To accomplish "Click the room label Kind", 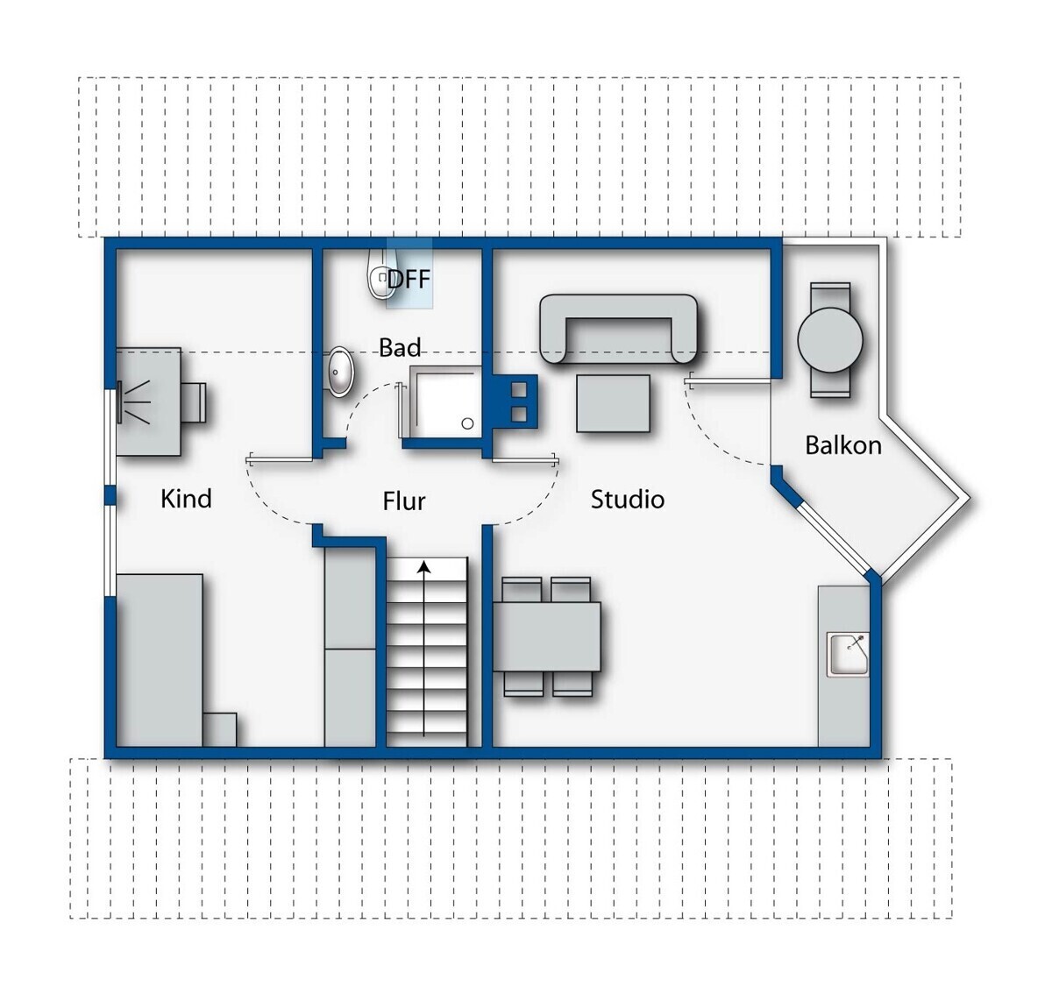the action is pyautogui.click(x=186, y=499).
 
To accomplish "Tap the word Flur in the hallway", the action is pyautogui.click(x=403, y=501).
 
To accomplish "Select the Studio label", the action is pyautogui.click(x=627, y=499).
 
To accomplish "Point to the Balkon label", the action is pyautogui.click(x=843, y=445).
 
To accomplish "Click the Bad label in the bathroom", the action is pyautogui.click(x=400, y=347).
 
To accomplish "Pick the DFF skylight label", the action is pyautogui.click(x=409, y=280).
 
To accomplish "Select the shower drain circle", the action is pyautogui.click(x=467, y=423).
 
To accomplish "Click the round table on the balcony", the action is pyautogui.click(x=830, y=340).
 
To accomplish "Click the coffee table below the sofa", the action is pyautogui.click(x=613, y=403).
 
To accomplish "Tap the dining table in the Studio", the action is pyautogui.click(x=547, y=636).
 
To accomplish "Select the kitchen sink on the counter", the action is pyautogui.click(x=848, y=655).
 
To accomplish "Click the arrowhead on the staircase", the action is pyautogui.click(x=423, y=567).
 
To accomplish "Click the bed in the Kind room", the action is pyautogui.click(x=160, y=660).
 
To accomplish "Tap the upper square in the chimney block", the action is pyautogui.click(x=520, y=389).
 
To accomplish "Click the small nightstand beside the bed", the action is pyautogui.click(x=220, y=729).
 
